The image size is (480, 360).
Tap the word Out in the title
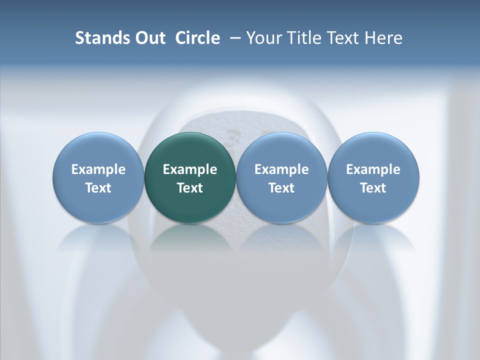(148, 38)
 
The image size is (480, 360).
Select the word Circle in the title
(197, 38)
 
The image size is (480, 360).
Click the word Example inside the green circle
(190, 169)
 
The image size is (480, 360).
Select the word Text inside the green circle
(190, 188)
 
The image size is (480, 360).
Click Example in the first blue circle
(98, 169)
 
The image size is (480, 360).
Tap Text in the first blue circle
(98, 188)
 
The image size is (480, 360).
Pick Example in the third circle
(281, 169)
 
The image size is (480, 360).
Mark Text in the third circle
(281, 188)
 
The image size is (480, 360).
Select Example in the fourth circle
(373, 169)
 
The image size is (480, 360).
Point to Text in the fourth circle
(373, 188)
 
